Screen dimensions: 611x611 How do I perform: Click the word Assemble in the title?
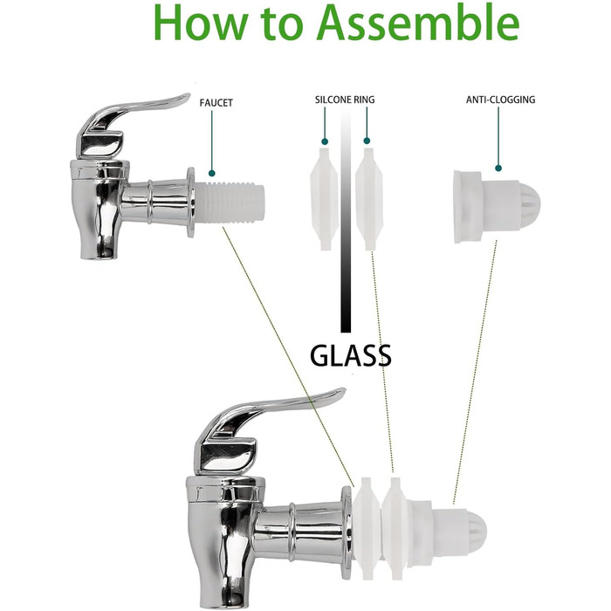click(x=418, y=22)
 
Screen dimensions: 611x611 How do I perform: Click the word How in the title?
click(x=201, y=24)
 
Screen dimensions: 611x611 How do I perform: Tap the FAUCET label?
click(x=216, y=103)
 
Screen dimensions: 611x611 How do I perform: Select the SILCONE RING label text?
click(x=345, y=100)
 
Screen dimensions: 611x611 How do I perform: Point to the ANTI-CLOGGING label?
click(x=500, y=100)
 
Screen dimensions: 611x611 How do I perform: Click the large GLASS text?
click(x=350, y=355)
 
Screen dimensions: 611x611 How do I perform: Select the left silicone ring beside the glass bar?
click(x=324, y=199)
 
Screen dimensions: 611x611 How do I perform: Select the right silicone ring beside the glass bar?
click(x=368, y=199)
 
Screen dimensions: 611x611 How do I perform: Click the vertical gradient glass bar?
click(x=346, y=220)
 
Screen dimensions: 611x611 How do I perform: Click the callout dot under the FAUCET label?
click(x=211, y=173)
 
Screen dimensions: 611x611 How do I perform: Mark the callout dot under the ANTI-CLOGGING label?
click(x=498, y=168)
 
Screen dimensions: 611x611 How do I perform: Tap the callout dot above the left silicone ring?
click(x=325, y=141)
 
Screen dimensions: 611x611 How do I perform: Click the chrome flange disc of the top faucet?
click(x=190, y=203)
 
